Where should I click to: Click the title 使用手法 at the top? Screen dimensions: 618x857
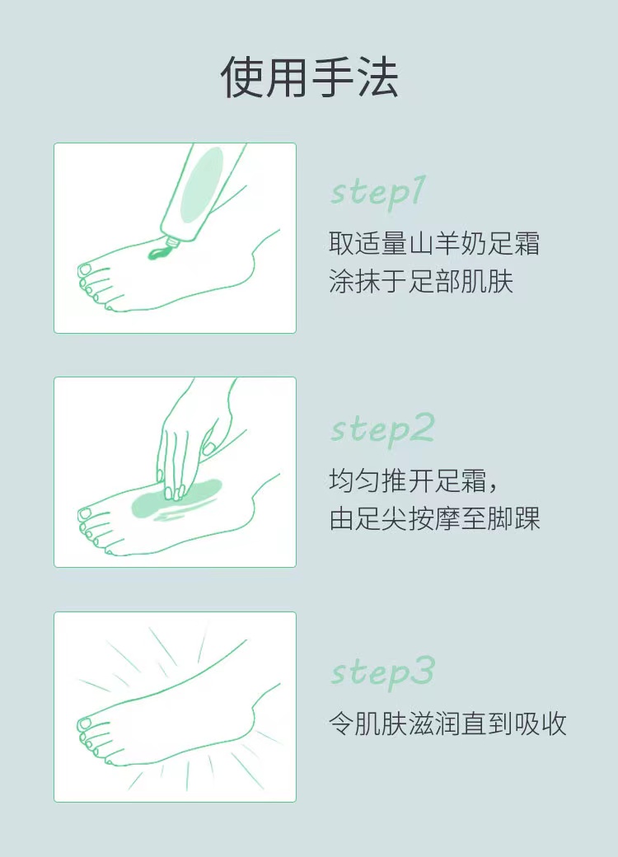pos(309,77)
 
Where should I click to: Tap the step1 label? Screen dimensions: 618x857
pos(377,192)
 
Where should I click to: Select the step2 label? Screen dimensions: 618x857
pos(382,429)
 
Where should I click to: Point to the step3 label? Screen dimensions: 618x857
pos(382,672)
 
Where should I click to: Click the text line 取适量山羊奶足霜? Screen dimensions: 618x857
pos(434,244)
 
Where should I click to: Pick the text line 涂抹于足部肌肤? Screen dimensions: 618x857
pos(421,282)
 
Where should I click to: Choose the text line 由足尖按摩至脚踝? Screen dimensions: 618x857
pos(434,518)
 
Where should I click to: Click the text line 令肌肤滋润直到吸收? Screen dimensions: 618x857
pos(447,724)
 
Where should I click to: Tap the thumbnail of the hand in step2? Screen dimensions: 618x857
pos(208,449)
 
